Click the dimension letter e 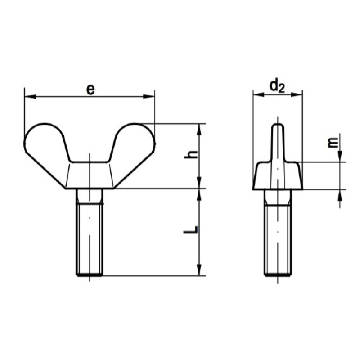click(x=90, y=90)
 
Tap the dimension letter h click(x=191, y=154)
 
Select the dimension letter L click(x=191, y=229)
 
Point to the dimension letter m click(x=333, y=142)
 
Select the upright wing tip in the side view click(x=278, y=142)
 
